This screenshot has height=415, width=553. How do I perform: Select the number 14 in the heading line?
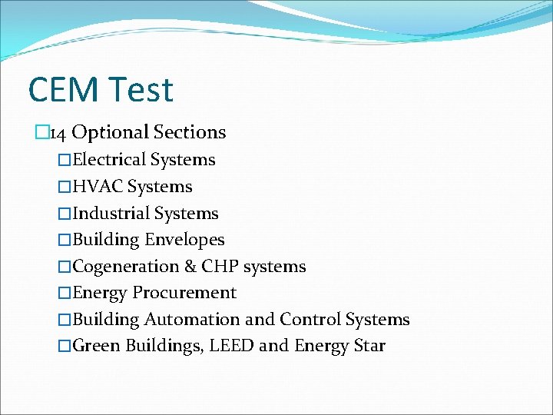(x=58, y=133)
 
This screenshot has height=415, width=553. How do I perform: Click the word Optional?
(x=110, y=132)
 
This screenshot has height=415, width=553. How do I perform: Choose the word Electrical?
(x=109, y=160)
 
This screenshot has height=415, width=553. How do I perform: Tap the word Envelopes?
(x=184, y=240)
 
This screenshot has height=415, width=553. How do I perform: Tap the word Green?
(x=94, y=346)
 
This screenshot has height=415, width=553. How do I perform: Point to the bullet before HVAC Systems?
(x=65, y=187)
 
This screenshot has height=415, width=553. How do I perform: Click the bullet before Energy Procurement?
(x=65, y=293)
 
